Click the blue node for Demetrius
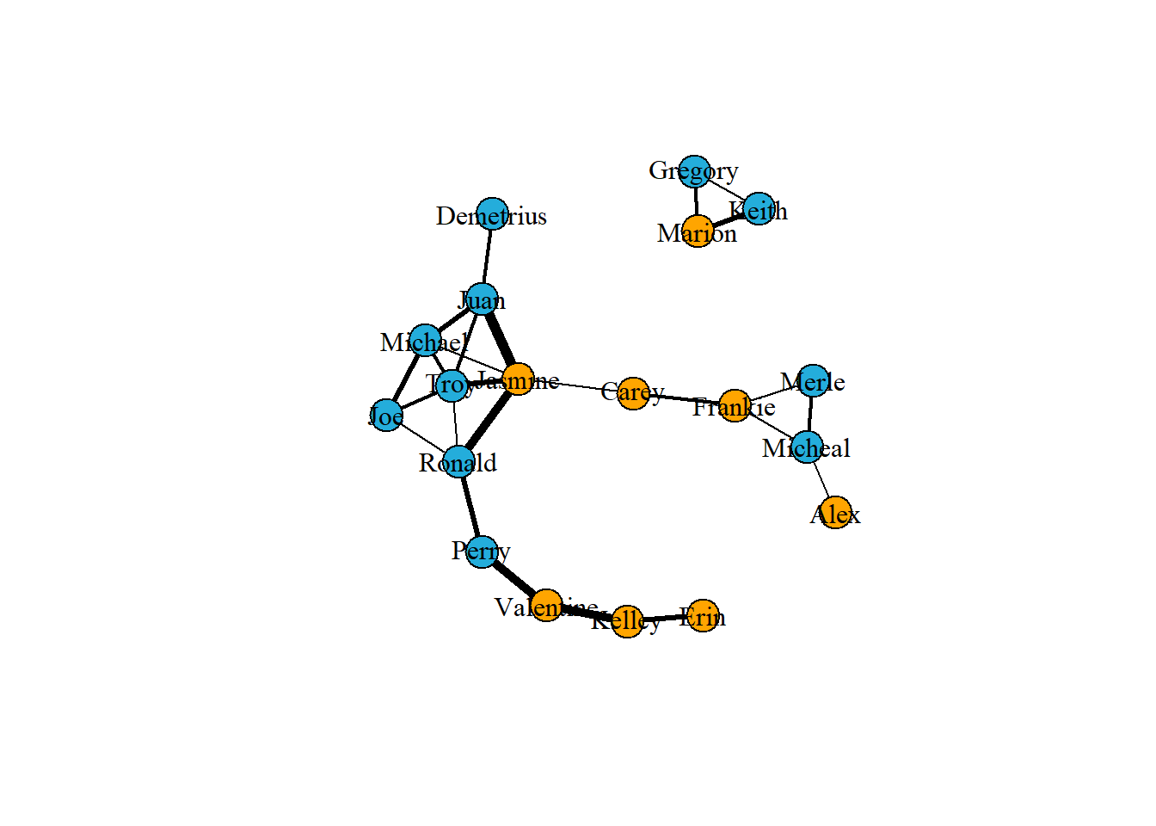pyautogui.click(x=492, y=213)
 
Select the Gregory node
pyautogui.click(x=695, y=172)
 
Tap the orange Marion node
pyautogui.click(x=698, y=231)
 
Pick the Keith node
pyautogui.click(x=759, y=209)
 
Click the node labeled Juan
pyautogui.click(x=483, y=299)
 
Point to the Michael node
pyautogui.click(x=425, y=341)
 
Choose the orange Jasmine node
pyautogui.click(x=518, y=379)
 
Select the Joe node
pyautogui.click(x=387, y=416)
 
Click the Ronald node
pyautogui.click(x=459, y=462)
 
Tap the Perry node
pyautogui.click(x=482, y=551)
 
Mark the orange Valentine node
pyautogui.click(x=546, y=606)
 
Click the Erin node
pyautogui.click(x=704, y=615)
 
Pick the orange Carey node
pyautogui.click(x=634, y=393)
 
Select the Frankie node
pyautogui.click(x=735, y=405)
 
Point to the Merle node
pyautogui.click(x=814, y=380)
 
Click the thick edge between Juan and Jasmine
pyautogui.click(x=500, y=339)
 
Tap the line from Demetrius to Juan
pyautogui.click(x=488, y=256)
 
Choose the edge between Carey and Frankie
pyautogui.click(x=684, y=399)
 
